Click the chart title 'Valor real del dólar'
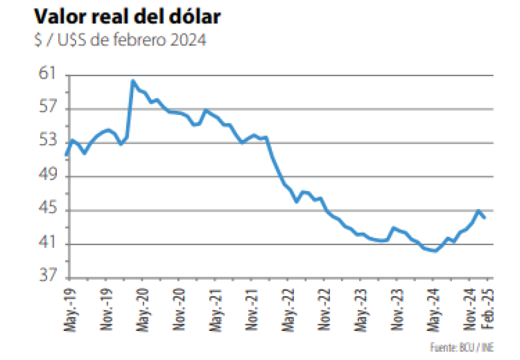126,17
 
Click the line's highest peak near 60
132,81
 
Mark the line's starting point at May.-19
66,155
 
